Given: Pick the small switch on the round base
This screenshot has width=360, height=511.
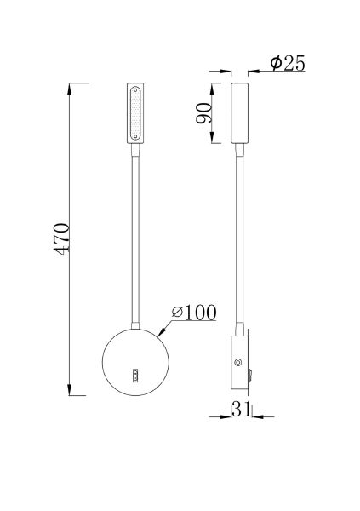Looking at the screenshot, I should (x=136, y=374).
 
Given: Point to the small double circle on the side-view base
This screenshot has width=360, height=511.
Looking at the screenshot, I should (x=237, y=362).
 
